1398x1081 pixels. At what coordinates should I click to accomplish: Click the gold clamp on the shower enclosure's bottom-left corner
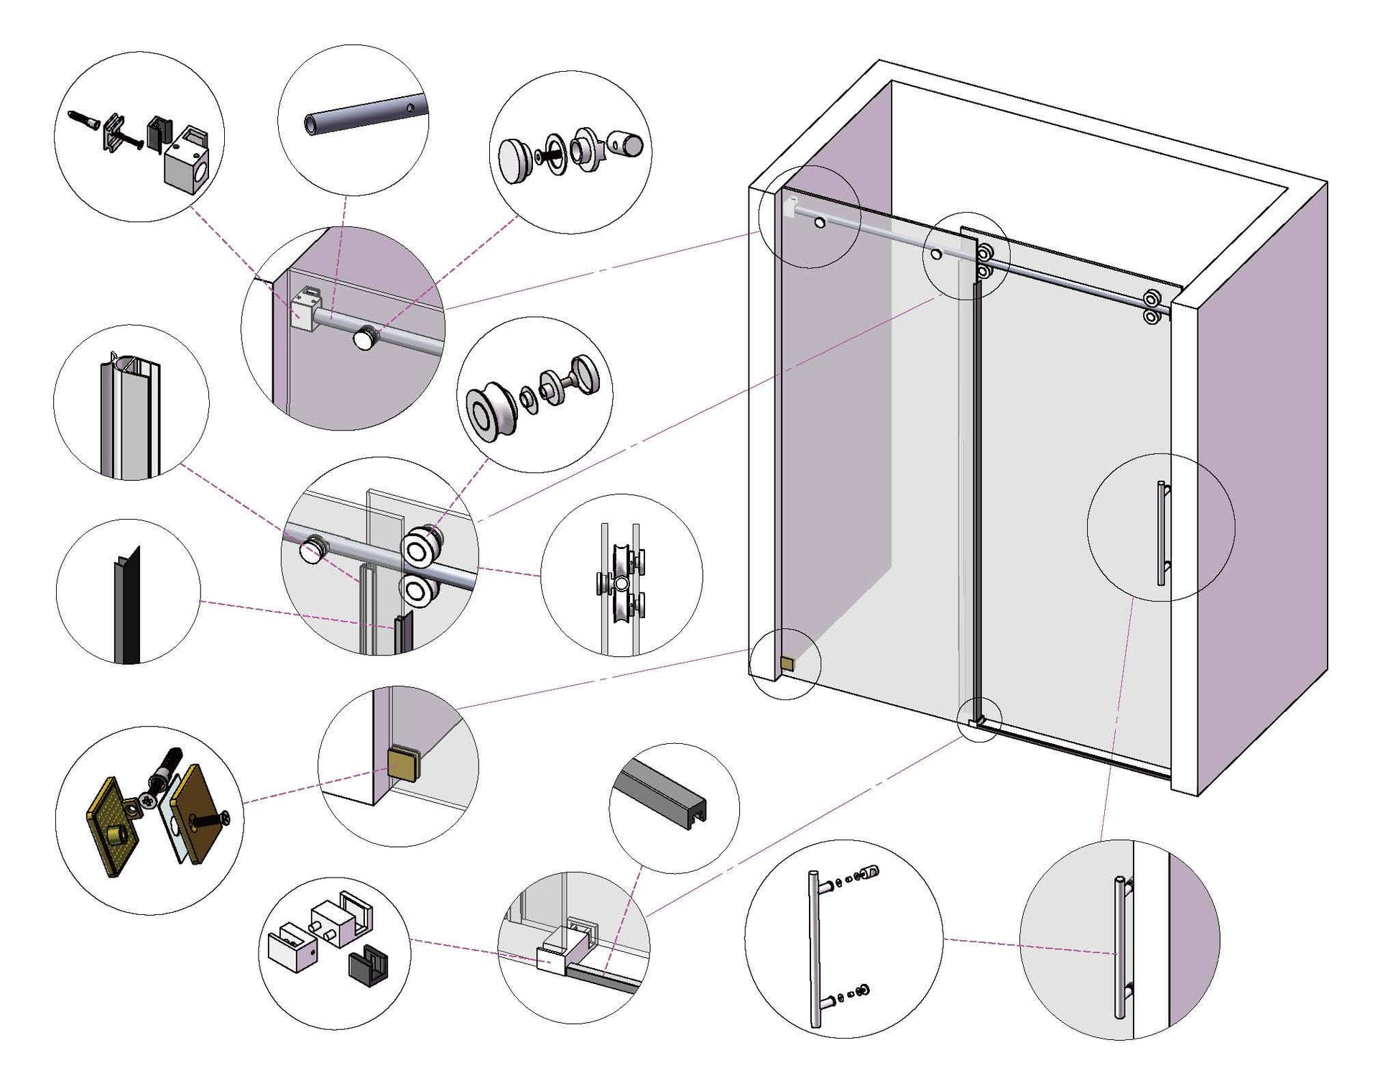(x=787, y=663)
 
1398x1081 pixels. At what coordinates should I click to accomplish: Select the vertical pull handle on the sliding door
(x=1161, y=533)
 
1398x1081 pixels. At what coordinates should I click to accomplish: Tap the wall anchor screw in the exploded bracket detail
(x=82, y=119)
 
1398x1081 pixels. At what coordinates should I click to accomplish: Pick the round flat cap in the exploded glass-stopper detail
(x=515, y=161)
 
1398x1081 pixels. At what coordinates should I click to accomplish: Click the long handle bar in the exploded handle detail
(x=815, y=949)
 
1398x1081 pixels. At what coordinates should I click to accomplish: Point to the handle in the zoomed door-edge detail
(x=1119, y=947)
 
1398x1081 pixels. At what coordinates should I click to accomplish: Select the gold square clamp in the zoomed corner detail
(x=403, y=763)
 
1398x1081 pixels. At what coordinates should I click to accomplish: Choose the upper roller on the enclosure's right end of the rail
(x=1152, y=298)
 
